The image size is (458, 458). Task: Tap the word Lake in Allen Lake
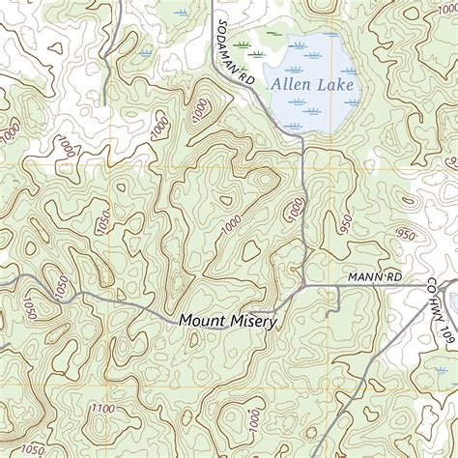pyautogui.click(x=335, y=85)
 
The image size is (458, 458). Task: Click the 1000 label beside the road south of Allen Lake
pyautogui.click(x=296, y=208)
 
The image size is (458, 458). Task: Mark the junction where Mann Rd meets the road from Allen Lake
pyautogui.click(x=303, y=284)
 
